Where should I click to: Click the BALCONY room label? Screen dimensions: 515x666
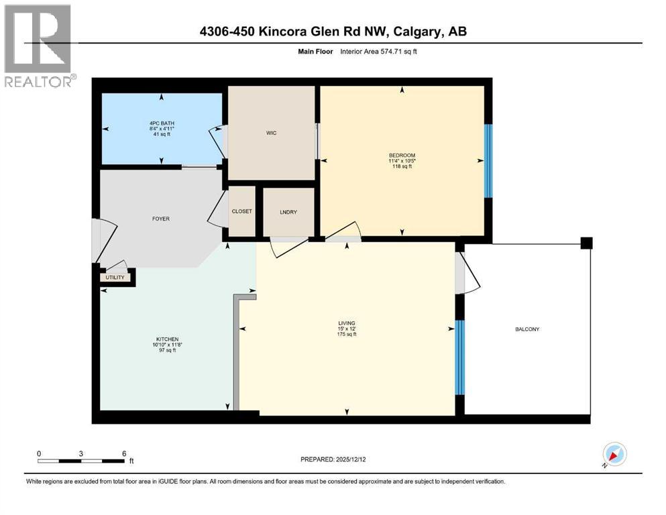pos(527,329)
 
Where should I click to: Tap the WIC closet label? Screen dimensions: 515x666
pos(271,133)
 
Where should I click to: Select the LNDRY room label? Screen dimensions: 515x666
pos(288,212)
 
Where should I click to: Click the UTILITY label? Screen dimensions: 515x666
pos(114,277)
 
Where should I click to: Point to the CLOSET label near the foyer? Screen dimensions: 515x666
pos(242,211)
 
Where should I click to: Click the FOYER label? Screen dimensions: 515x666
pos(160,219)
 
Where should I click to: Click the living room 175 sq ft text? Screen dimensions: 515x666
pos(346,335)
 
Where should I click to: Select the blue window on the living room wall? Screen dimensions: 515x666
pos(459,357)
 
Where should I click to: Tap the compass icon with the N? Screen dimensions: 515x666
pos(614,455)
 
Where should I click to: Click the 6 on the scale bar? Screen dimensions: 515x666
pos(124,453)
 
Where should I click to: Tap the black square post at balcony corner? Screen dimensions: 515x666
pos(587,243)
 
